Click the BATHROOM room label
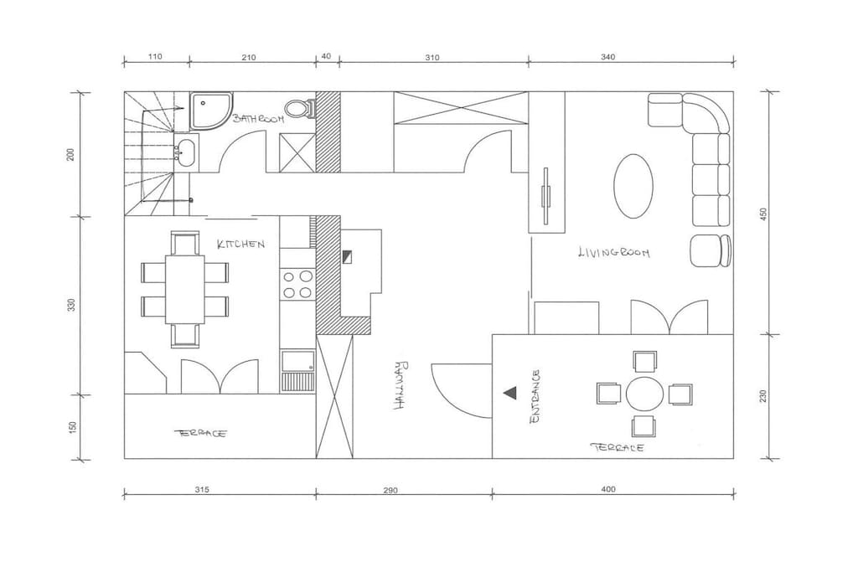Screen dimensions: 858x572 click(x=258, y=118)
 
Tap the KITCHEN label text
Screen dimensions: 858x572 click(x=240, y=244)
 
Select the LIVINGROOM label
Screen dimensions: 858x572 click(x=614, y=252)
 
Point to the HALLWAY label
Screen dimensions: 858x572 click(x=401, y=385)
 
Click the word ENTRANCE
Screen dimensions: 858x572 click(x=535, y=396)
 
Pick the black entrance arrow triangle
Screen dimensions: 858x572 click(x=509, y=393)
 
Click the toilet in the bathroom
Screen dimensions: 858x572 click(x=300, y=108)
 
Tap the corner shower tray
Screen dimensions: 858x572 click(x=211, y=111)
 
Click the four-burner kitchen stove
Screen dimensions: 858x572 click(x=297, y=285)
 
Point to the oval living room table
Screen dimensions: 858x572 click(x=633, y=186)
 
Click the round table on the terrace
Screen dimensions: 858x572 click(x=644, y=394)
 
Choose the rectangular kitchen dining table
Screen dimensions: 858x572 click(x=185, y=290)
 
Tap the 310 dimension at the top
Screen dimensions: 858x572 click(x=432, y=58)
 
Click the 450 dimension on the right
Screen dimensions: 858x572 click(x=764, y=214)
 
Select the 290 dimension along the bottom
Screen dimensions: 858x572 click(x=390, y=491)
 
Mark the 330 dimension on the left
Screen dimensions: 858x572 click(x=72, y=305)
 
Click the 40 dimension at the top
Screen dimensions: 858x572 click(x=326, y=56)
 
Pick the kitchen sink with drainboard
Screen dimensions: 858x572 click(x=297, y=370)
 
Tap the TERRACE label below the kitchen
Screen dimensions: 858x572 click(x=201, y=433)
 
